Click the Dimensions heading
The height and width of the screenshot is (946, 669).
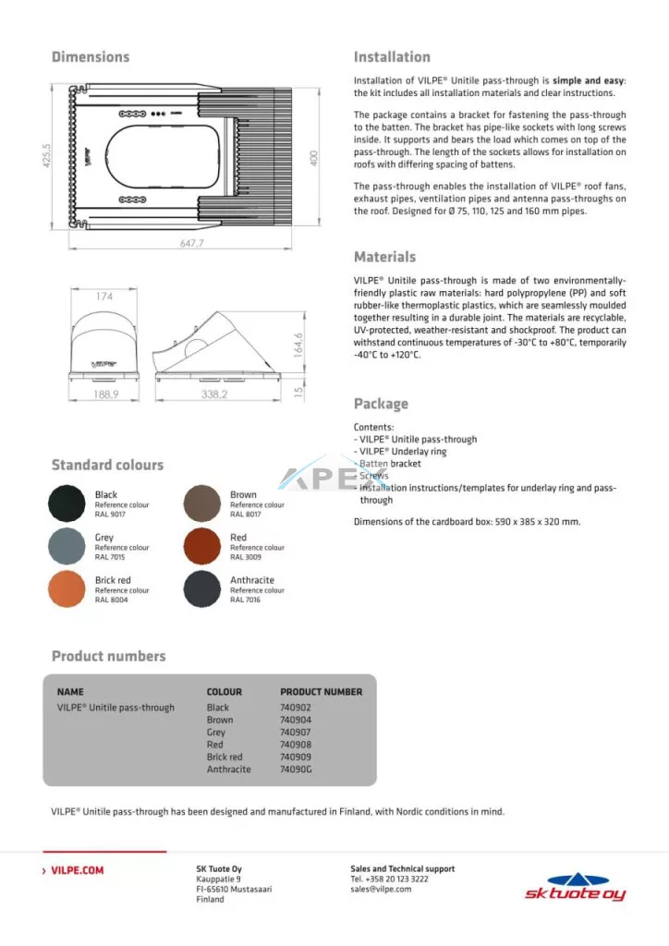point(91,57)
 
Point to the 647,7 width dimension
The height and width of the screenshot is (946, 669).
point(187,244)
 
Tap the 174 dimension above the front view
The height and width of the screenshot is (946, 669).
point(103,297)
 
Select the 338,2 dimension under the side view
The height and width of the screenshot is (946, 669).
point(214,394)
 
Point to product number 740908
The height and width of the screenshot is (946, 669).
point(296,745)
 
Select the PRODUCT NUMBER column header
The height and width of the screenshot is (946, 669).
point(322,691)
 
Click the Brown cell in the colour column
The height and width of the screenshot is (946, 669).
point(220,720)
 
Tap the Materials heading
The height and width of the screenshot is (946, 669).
point(384,257)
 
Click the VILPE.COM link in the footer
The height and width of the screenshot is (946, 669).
point(77,870)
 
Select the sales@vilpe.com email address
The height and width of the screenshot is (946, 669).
point(381,890)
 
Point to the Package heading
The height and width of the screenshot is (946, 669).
point(381,404)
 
